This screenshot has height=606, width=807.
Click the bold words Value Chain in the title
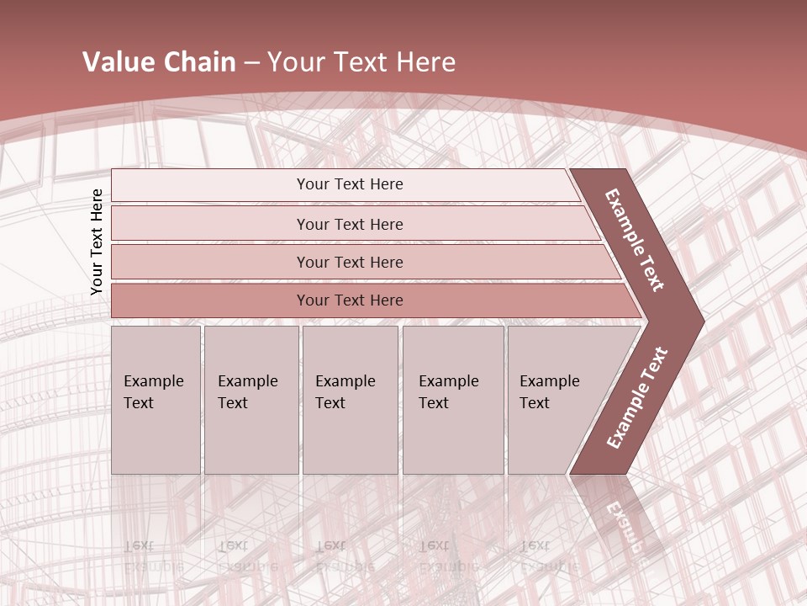[x=159, y=62]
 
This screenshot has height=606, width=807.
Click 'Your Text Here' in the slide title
[x=361, y=62]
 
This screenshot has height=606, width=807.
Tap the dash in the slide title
[x=251, y=63]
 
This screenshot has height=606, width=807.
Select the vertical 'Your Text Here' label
[x=97, y=242]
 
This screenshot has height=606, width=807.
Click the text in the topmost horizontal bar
[x=350, y=184]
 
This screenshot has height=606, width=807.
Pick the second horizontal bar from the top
[x=350, y=224]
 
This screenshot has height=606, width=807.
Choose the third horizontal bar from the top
[x=350, y=262]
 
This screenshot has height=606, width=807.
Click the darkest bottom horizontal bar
[x=350, y=300]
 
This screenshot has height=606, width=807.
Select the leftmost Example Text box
[x=156, y=400]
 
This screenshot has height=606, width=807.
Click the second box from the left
[x=251, y=400]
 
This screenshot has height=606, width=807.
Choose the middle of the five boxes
[x=350, y=400]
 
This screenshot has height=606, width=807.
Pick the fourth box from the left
[x=453, y=400]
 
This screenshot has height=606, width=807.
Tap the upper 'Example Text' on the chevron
[x=635, y=240]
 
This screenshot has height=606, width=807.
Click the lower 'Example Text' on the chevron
[x=636, y=397]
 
